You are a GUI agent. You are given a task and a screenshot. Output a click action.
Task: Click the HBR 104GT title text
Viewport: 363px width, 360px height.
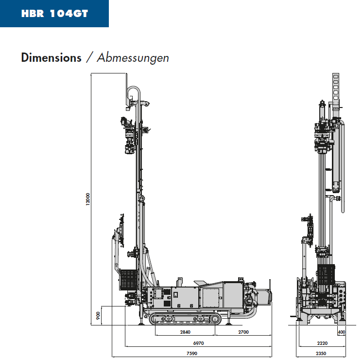pos(54,14)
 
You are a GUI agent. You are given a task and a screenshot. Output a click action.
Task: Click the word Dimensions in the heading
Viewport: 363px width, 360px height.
pos(51,57)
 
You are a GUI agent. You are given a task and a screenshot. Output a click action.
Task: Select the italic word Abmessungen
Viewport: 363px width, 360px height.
pos(133,58)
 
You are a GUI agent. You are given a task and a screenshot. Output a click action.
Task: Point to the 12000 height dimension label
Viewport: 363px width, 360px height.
pos(88,199)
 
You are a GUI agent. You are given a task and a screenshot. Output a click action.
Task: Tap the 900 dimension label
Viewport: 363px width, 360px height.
pos(98,316)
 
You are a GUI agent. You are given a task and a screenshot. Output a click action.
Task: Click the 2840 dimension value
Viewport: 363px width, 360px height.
pos(185,332)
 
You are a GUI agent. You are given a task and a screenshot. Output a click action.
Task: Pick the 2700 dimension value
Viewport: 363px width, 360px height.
pos(243,332)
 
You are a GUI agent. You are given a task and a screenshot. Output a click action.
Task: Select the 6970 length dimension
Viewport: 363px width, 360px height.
pos(198,343)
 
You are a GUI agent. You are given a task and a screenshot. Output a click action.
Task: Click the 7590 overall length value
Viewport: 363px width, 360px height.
pos(191,354)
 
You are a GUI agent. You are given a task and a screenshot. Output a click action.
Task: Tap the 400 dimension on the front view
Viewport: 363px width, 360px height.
pos(342,332)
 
